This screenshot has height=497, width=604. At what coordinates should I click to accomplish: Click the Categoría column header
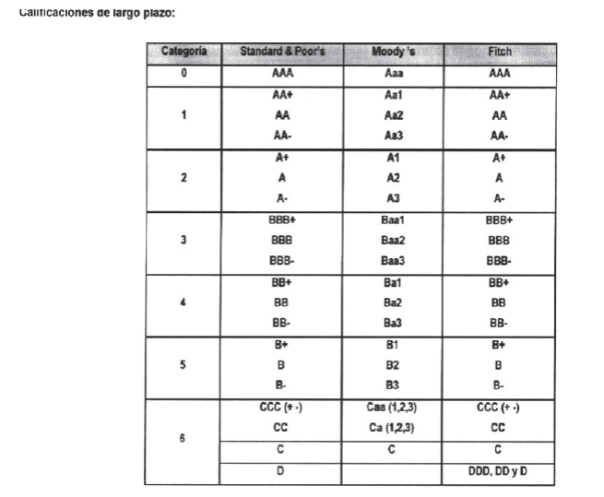click(x=184, y=52)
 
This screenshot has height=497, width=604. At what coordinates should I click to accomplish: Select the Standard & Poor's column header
click(x=281, y=52)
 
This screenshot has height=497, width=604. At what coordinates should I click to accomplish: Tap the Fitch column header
click(x=499, y=52)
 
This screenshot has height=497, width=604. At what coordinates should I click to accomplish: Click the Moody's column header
click(x=393, y=52)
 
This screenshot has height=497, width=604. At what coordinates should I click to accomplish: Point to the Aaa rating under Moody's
click(x=393, y=73)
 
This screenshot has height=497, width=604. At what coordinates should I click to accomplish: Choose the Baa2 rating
click(x=393, y=241)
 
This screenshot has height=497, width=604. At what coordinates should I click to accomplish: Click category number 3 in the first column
click(x=184, y=241)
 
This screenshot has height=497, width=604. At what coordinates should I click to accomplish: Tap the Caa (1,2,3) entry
click(x=391, y=407)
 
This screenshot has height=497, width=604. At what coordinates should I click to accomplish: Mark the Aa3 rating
click(x=393, y=136)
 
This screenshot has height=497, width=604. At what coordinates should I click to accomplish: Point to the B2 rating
click(x=393, y=364)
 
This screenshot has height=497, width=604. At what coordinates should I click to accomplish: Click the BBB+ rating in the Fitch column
click(x=499, y=220)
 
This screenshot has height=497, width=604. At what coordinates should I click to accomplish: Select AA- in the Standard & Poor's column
click(x=281, y=136)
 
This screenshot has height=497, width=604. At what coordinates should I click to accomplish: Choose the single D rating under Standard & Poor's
click(x=281, y=471)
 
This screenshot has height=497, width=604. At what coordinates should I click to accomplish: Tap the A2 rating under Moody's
click(x=393, y=177)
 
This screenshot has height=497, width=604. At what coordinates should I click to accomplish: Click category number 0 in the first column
click(x=184, y=73)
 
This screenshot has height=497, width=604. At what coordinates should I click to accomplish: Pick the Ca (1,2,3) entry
click(x=391, y=428)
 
